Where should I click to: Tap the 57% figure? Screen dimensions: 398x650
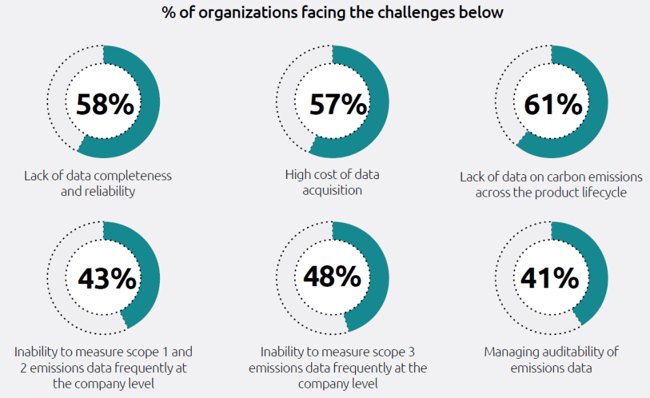click(x=338, y=105)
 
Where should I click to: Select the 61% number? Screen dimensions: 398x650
click(x=552, y=105)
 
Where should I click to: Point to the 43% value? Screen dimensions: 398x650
click(x=106, y=278)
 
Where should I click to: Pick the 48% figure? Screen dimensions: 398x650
click(x=332, y=277)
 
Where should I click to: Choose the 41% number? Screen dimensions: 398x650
click(x=550, y=278)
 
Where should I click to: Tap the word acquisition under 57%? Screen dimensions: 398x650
click(x=332, y=191)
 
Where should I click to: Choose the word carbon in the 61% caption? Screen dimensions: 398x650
click(x=540, y=176)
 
